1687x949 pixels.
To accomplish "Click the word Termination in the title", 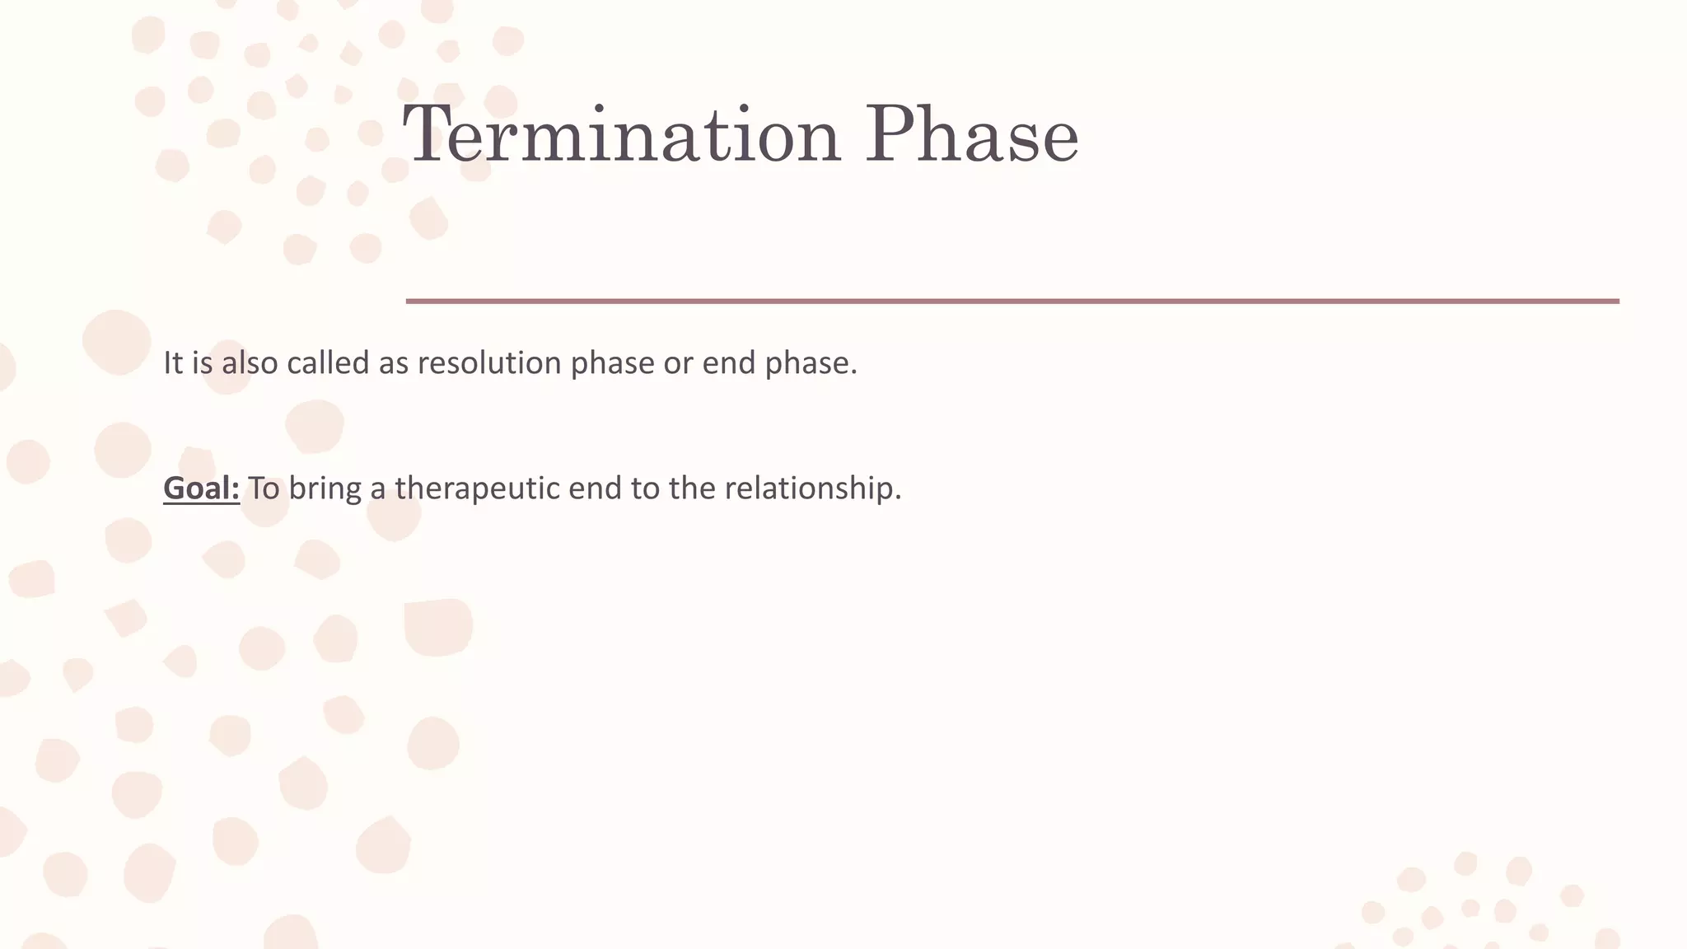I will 622,134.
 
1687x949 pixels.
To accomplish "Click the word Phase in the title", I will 971,134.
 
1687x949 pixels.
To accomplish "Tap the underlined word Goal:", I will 201,489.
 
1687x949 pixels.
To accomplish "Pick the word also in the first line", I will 249,363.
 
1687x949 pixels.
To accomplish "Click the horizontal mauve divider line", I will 1012,302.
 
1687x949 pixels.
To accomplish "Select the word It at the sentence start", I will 172,363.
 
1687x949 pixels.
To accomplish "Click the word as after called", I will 393,363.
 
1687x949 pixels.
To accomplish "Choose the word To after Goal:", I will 264,489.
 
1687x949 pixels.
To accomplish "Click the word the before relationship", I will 692,489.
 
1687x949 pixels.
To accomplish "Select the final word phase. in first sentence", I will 811,363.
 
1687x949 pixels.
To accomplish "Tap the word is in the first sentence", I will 202,363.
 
